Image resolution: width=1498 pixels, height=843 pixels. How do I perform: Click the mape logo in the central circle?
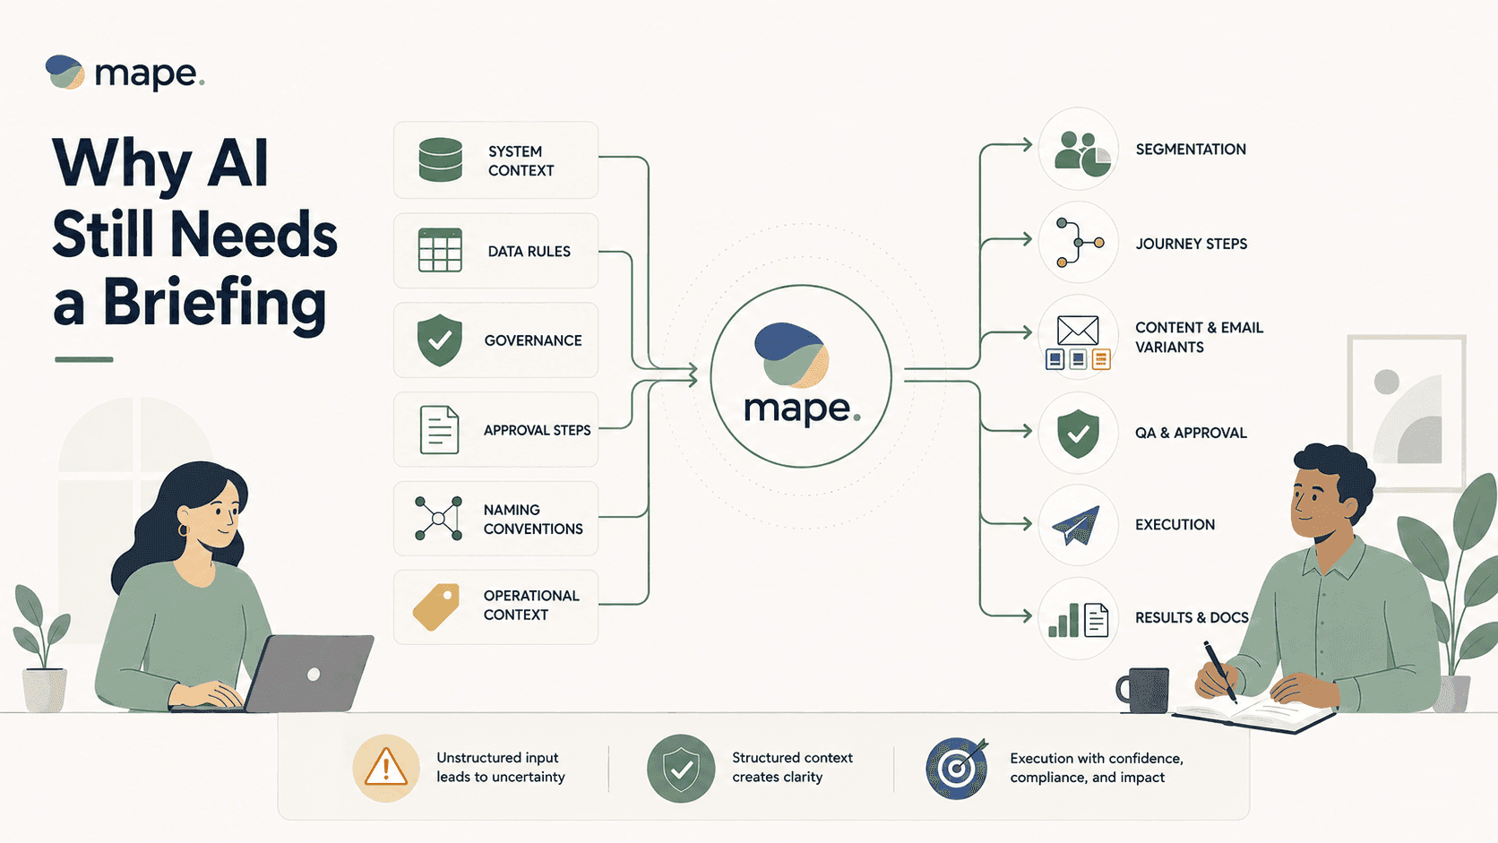pyautogui.click(x=801, y=374)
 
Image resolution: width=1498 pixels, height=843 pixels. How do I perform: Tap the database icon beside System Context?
pyautogui.click(x=440, y=159)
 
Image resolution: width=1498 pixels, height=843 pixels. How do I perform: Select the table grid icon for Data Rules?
pyautogui.click(x=439, y=250)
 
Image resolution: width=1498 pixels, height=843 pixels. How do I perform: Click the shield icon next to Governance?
pyautogui.click(x=439, y=340)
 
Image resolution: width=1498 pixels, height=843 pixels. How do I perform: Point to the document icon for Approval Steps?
pyautogui.click(x=439, y=430)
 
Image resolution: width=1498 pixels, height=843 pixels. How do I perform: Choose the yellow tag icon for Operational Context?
pyautogui.click(x=436, y=606)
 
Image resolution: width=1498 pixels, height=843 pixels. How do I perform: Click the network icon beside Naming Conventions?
pyautogui.click(x=438, y=518)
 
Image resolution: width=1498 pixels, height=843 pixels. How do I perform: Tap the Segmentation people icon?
pyautogui.click(x=1082, y=154)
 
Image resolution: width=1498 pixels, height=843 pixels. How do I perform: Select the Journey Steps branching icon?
pyautogui.click(x=1078, y=242)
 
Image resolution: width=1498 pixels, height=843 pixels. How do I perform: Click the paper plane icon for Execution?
pyautogui.click(x=1076, y=526)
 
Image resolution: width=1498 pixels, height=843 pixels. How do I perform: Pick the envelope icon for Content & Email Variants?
pyautogui.click(x=1077, y=330)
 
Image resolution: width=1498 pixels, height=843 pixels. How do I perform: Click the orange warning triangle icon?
pyautogui.click(x=386, y=768)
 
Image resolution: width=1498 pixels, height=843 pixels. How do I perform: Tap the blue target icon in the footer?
pyautogui.click(x=957, y=768)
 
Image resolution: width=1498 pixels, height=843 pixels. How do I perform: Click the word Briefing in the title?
pyautogui.click(x=214, y=305)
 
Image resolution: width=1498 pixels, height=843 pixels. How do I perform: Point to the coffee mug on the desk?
pyautogui.click(x=1143, y=690)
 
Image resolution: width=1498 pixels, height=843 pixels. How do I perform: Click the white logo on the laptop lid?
pyautogui.click(x=313, y=675)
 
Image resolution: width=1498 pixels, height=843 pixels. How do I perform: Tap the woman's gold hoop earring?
pyautogui.click(x=183, y=530)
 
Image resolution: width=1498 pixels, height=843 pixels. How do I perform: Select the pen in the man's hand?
pyautogui.click(x=1219, y=671)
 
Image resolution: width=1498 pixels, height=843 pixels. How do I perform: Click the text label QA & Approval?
pyautogui.click(x=1191, y=434)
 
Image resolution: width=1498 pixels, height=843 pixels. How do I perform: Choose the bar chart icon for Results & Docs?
pyautogui.click(x=1063, y=621)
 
